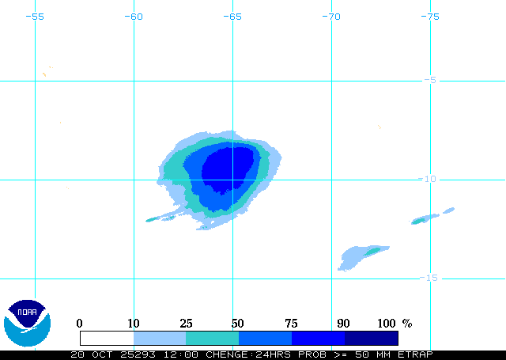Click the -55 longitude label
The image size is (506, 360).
click(35, 16)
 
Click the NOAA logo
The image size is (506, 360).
click(27, 320)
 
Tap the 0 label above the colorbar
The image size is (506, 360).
click(79, 323)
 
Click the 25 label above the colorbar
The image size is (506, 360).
click(186, 323)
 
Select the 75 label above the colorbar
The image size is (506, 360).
click(292, 323)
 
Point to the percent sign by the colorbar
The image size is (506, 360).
click(407, 323)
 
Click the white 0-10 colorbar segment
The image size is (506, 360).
click(107, 338)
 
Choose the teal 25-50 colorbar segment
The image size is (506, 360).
click(212, 338)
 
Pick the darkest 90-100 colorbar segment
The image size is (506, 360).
click(372, 338)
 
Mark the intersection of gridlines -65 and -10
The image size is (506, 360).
click(232, 179)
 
